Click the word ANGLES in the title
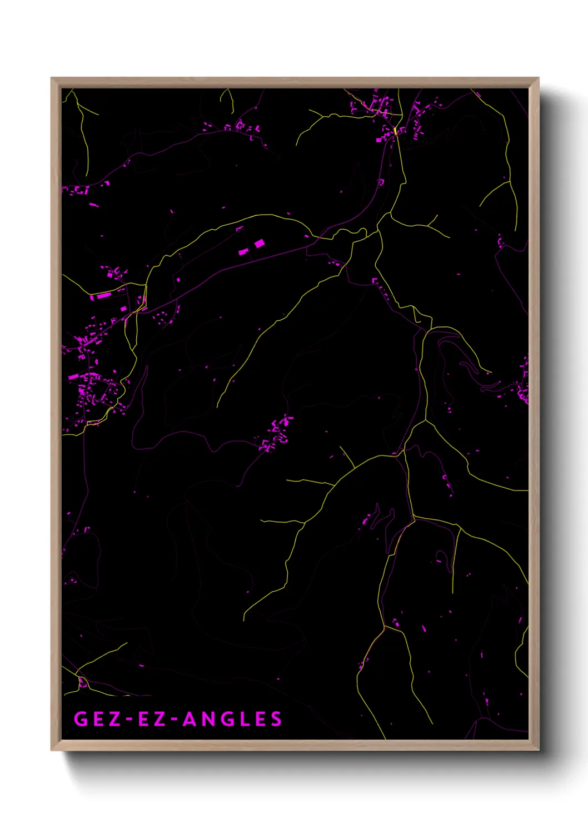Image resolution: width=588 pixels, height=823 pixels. [x=232, y=719]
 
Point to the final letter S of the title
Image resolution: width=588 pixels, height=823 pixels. [x=276, y=719]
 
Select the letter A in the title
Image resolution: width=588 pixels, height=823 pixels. [x=191, y=719]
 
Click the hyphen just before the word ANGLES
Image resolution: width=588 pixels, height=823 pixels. [x=174, y=720]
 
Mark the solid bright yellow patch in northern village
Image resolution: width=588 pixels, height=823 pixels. [x=395, y=131]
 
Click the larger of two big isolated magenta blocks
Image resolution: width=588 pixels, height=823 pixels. [x=259, y=244]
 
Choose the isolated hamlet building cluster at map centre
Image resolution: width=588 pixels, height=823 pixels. [x=276, y=434]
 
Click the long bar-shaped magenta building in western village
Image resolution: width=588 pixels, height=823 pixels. [x=103, y=296]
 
